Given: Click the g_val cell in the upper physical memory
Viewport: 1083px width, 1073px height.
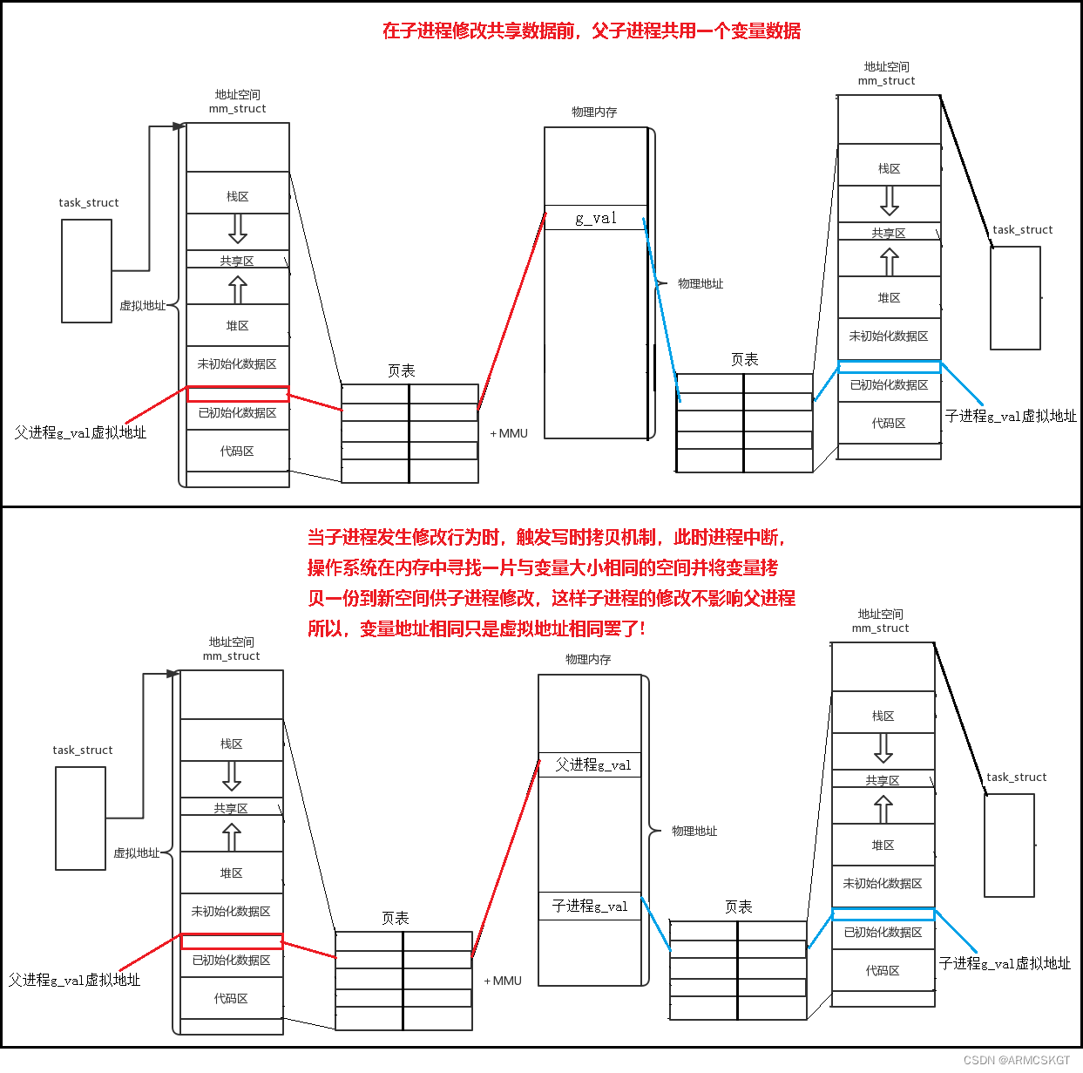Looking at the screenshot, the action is (x=596, y=218).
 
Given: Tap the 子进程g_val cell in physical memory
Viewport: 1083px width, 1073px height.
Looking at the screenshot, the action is (x=590, y=906).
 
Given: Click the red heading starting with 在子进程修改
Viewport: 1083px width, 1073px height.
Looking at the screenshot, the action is (x=592, y=31).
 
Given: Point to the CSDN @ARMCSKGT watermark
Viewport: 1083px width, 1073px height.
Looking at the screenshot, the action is (x=1017, y=1060).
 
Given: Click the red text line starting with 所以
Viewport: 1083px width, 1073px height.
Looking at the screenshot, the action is (x=477, y=628).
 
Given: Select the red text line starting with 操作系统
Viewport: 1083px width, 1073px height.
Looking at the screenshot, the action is (x=543, y=567).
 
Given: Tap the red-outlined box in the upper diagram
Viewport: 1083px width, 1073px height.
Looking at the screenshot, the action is (x=238, y=394).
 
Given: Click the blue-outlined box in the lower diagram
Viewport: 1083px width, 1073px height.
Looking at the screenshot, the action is (x=883, y=914).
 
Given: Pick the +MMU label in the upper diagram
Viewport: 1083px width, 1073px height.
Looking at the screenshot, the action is (x=510, y=433).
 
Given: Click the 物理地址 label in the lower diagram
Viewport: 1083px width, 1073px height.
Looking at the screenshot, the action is (x=694, y=831).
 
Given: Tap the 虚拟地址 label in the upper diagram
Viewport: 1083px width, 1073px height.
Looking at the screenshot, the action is (x=142, y=305).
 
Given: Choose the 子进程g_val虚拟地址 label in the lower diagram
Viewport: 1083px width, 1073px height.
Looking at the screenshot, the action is (x=1005, y=963).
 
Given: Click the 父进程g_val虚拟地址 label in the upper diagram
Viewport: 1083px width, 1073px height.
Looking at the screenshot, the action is (x=80, y=432).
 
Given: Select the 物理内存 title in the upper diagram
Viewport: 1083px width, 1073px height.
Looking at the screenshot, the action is (x=594, y=112).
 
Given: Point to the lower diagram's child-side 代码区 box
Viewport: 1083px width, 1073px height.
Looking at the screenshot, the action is (x=883, y=970).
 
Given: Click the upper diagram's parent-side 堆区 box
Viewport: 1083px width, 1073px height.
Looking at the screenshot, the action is (x=238, y=325).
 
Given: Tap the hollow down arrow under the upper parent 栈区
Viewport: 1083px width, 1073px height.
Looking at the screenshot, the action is (x=238, y=228).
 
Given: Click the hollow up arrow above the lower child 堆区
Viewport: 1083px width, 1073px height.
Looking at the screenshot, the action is (x=883, y=810).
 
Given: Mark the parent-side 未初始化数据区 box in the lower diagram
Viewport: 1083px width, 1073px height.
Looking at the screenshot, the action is (x=231, y=911).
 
